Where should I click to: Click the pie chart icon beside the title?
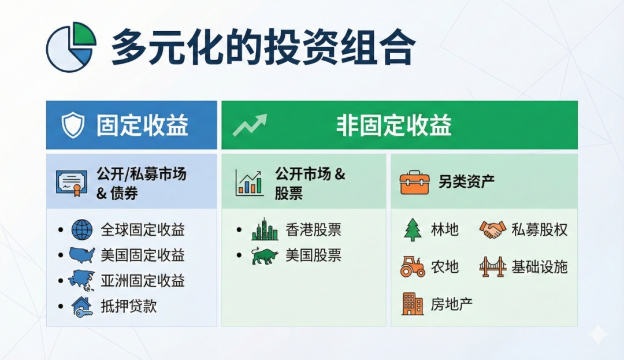pyautogui.click(x=71, y=47)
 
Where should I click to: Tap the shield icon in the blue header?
pyautogui.click(x=73, y=125)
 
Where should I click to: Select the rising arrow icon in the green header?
pyautogui.click(x=250, y=125)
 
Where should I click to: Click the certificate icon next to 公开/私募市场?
pyautogui.click(x=72, y=183)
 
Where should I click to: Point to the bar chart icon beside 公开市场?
pyautogui.click(x=250, y=183)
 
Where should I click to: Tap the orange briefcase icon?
pyautogui.click(x=414, y=183)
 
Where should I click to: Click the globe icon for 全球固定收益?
pyautogui.click(x=82, y=229)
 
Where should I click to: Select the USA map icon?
pyautogui.click(x=82, y=255)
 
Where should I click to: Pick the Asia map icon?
pyautogui.click(x=81, y=280)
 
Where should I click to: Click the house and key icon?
pyautogui.click(x=82, y=306)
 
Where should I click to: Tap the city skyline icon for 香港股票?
pyautogui.click(x=265, y=229)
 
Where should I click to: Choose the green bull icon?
pyautogui.click(x=265, y=256)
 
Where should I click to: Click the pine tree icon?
pyautogui.click(x=413, y=229)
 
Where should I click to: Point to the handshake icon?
pyautogui.click(x=493, y=229)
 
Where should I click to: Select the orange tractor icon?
pyautogui.click(x=413, y=266)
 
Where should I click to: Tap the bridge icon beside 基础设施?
pyautogui.click(x=493, y=266)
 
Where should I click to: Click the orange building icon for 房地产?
pyautogui.click(x=413, y=304)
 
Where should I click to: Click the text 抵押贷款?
pyautogui.click(x=128, y=306)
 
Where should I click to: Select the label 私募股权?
pyautogui.click(x=539, y=229)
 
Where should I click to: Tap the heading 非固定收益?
pyautogui.click(x=394, y=125)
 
